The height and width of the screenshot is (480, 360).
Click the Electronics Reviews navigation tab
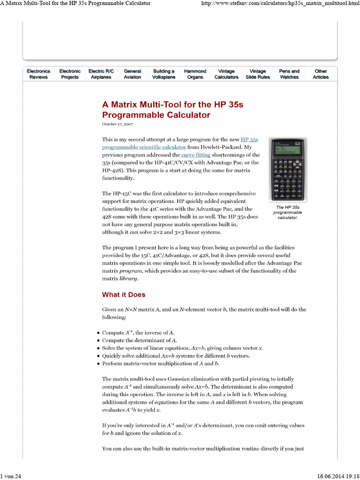click(38, 74)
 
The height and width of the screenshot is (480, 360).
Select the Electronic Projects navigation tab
click(70, 74)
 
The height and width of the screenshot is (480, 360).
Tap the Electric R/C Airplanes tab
click(101, 74)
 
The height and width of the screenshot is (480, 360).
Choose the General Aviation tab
click(132, 74)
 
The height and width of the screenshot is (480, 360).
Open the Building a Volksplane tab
click(164, 74)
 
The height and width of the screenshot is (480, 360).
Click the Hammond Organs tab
click(195, 74)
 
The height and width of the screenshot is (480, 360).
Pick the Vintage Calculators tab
click(226, 74)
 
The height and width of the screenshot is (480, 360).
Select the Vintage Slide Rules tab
click(258, 74)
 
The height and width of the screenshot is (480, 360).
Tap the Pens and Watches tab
click(289, 74)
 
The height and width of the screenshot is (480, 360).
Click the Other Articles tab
click(321, 74)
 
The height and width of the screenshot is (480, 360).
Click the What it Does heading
click(124, 295)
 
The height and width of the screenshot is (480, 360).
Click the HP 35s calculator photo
click(288, 169)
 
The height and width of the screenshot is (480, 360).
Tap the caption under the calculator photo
click(288, 212)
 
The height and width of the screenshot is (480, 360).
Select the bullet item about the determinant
click(140, 340)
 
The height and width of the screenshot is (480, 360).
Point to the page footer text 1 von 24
click(11, 476)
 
